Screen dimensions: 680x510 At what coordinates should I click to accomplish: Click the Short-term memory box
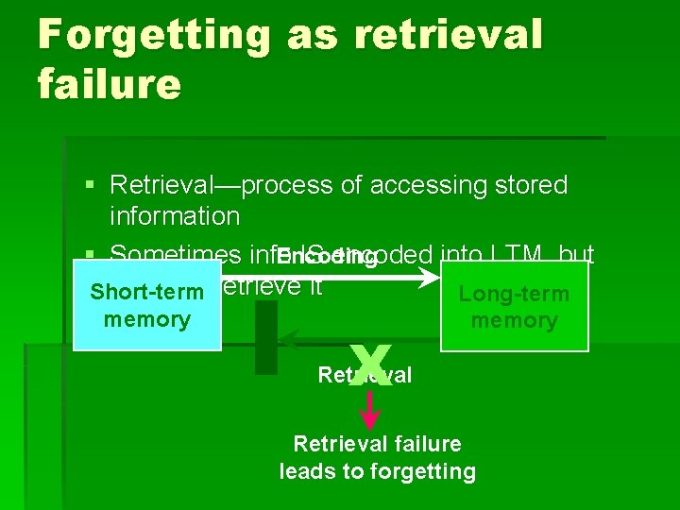pos(146,306)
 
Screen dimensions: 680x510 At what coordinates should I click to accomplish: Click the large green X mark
pos(370,365)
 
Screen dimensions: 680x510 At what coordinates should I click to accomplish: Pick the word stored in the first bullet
pos(535,185)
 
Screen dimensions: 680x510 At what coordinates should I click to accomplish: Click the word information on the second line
pos(175,216)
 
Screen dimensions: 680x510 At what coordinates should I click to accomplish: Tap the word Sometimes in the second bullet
pos(176,253)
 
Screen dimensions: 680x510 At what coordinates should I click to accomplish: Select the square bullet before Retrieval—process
pos(89,186)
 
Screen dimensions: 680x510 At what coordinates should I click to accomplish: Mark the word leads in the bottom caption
pos(308,471)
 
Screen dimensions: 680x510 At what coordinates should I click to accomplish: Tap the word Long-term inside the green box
pos(514,294)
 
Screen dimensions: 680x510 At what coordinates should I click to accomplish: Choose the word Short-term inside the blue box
pos(146,292)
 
